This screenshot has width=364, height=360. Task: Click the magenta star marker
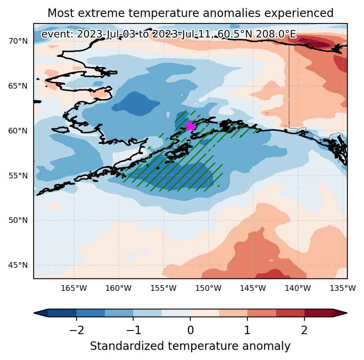click(191, 126)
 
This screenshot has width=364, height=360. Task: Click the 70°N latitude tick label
click(18, 41)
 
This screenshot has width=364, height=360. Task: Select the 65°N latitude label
click(18, 86)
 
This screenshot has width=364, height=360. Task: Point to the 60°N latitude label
click(18, 131)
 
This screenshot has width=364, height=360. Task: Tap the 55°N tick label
click(18, 176)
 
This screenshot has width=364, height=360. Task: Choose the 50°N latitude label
click(18, 220)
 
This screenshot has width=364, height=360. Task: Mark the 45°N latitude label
click(18, 265)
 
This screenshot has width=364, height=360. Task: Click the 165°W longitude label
click(74, 288)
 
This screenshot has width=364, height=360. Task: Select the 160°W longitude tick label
click(119, 288)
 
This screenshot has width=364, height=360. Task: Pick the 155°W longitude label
click(164, 288)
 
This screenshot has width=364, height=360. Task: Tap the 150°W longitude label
click(208, 288)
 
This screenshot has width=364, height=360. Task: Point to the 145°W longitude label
click(253, 288)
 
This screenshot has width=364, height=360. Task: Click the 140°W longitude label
click(298, 288)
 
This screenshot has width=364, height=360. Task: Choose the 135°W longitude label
click(343, 288)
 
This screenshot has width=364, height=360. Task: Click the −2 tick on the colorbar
click(77, 330)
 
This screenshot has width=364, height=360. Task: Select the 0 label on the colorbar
click(190, 330)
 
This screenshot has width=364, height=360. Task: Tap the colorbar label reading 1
click(247, 330)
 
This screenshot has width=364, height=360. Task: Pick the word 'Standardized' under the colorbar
click(127, 346)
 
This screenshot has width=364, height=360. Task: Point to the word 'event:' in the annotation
click(57, 34)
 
